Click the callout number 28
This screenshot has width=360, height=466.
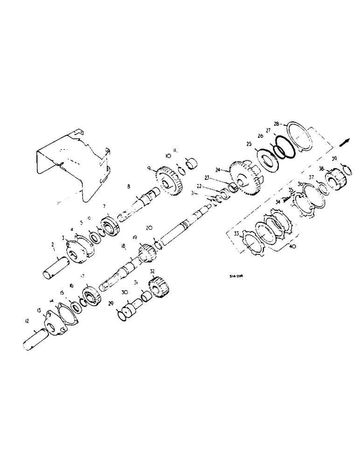tap(277, 125)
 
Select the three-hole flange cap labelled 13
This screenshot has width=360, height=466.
tap(54, 324)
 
